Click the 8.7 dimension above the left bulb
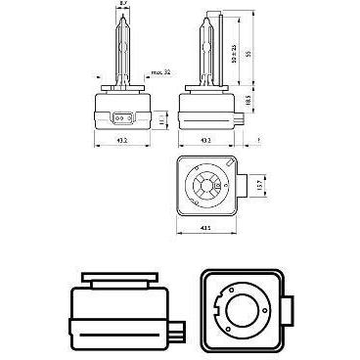pos(121,6)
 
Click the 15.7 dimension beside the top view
pos(257,183)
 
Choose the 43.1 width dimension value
pos(205,229)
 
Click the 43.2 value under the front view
pos(121,139)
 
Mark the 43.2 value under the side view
pos(205,139)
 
